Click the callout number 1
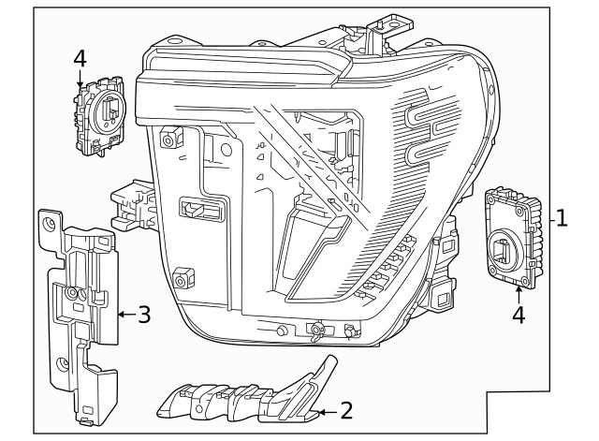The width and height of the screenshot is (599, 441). tap(562, 219)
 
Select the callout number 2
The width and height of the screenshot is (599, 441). tap(345, 409)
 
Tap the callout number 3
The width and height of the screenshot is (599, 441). tap(143, 315)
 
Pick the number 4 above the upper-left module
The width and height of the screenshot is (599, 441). tap(80, 59)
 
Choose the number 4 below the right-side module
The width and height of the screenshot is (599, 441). tap(518, 315)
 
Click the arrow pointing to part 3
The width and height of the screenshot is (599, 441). tap(124, 316)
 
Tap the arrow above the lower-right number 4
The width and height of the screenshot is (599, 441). tap(518, 292)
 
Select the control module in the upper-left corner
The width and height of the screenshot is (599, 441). tap(99, 117)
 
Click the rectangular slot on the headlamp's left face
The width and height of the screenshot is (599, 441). tap(202, 211)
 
